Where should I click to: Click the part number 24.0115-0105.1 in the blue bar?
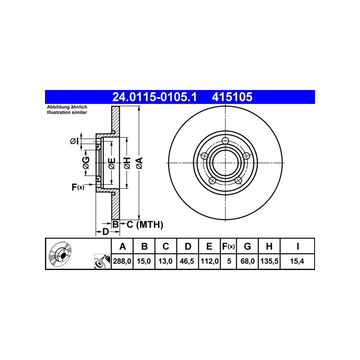[x=154, y=97]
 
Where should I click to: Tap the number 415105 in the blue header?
[x=232, y=97]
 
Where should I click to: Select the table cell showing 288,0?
[x=122, y=261]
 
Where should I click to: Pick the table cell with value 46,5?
[x=187, y=261]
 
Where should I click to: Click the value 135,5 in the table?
[x=270, y=261]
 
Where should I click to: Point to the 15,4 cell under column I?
[x=297, y=261]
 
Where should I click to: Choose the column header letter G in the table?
[x=247, y=246]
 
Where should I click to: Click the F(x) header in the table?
[x=229, y=246]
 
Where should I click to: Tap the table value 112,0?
[x=209, y=261]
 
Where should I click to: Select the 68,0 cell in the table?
[x=247, y=261]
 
